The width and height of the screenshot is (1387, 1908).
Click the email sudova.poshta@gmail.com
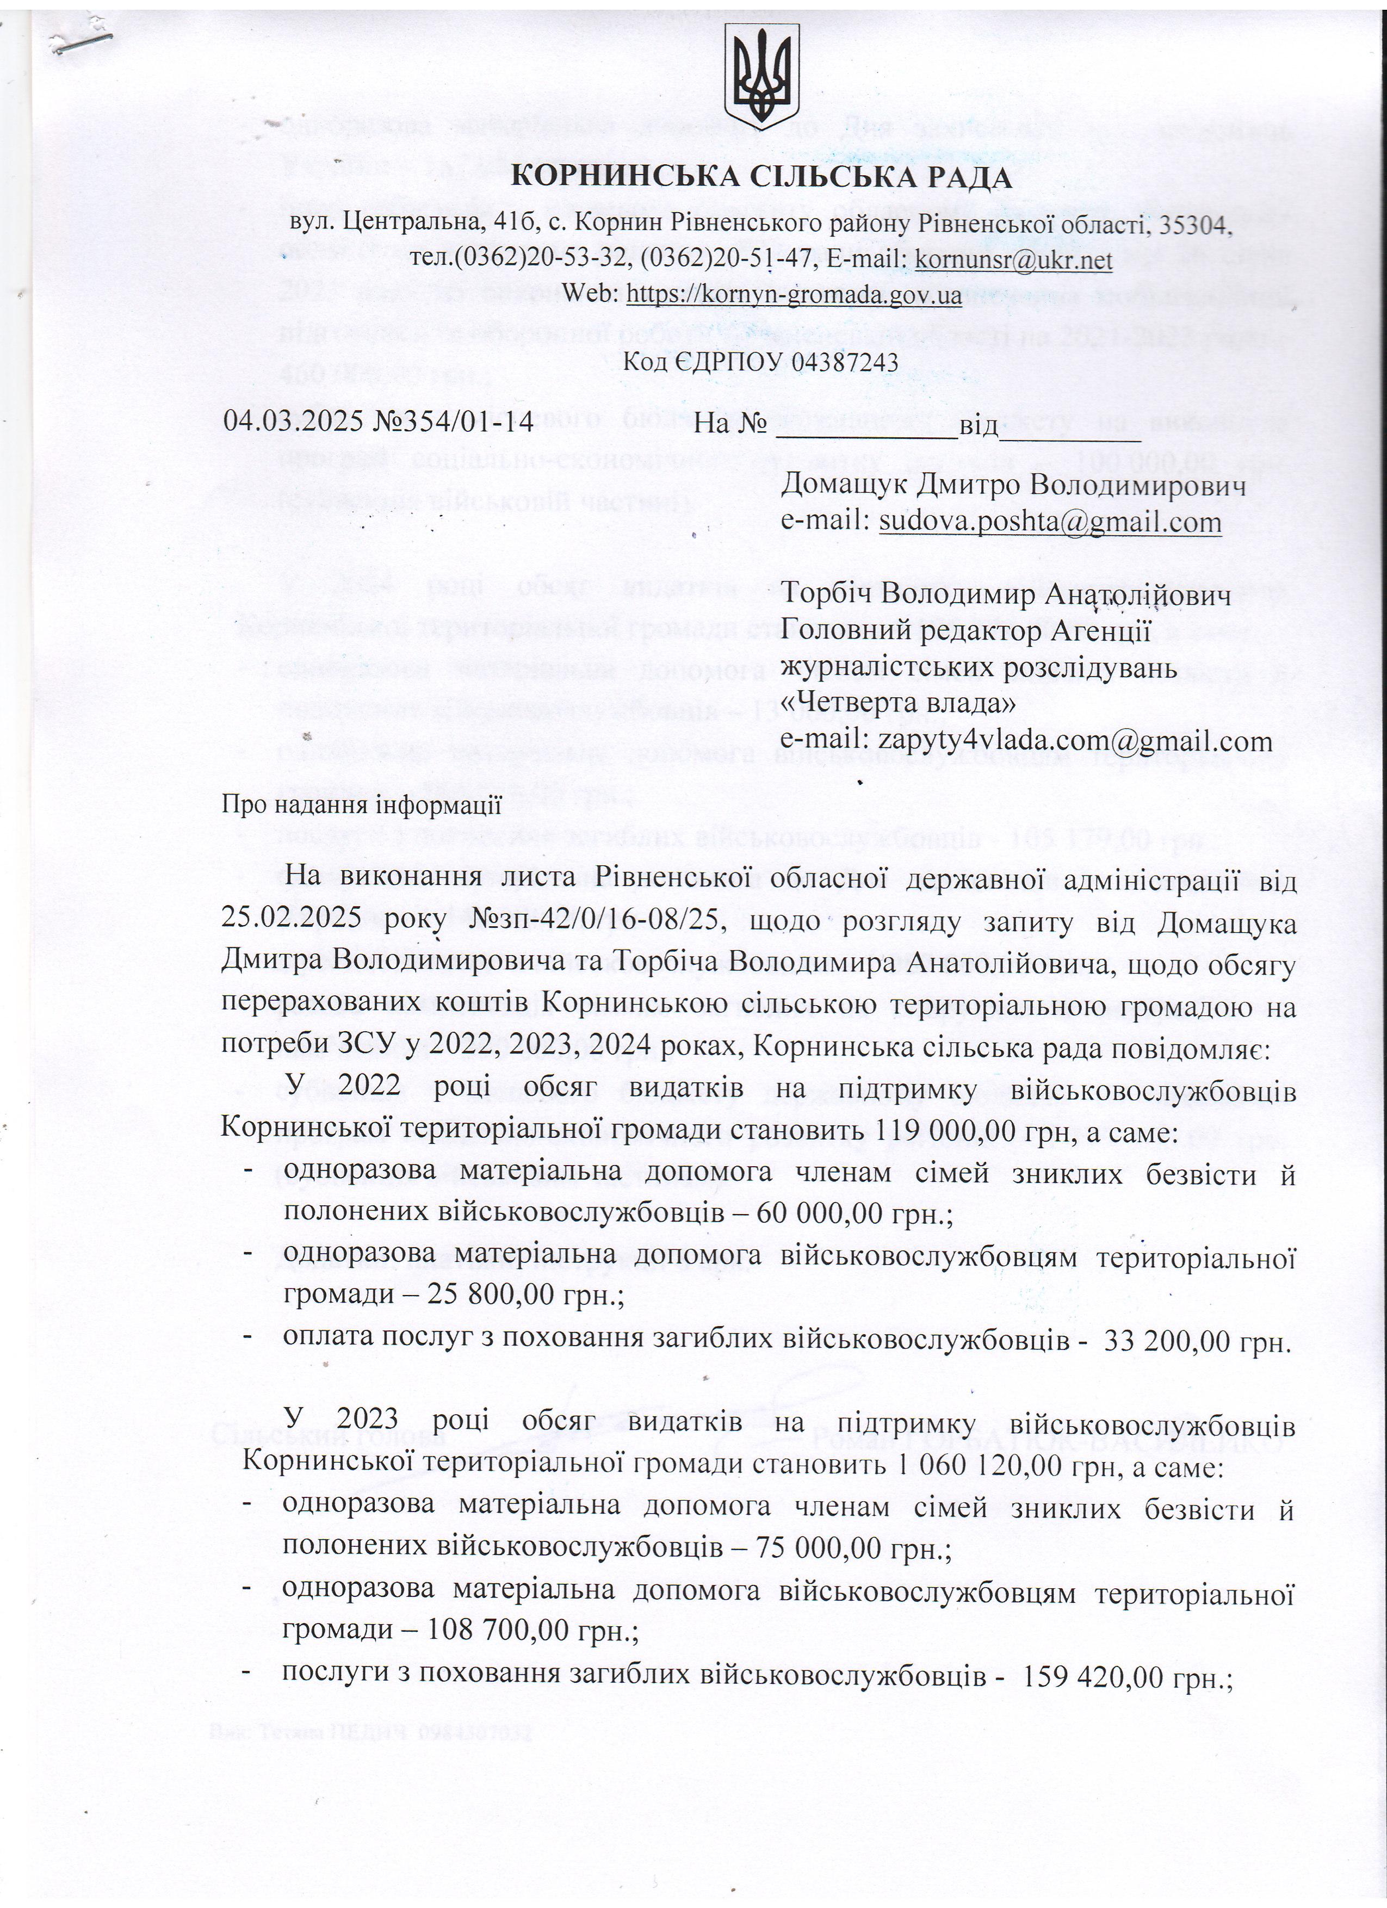click(1050, 523)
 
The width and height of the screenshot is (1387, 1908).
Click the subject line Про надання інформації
click(362, 805)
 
